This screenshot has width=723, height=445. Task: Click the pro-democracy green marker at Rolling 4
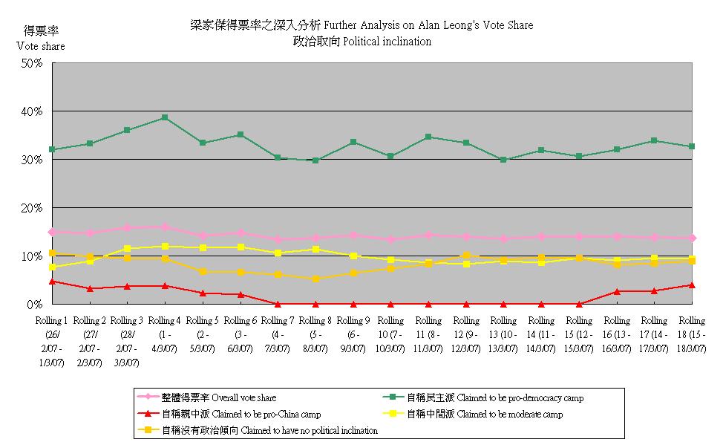[165, 117]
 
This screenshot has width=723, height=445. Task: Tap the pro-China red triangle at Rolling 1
[52, 282]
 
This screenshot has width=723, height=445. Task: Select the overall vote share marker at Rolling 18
[692, 238]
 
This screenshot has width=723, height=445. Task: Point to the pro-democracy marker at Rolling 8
[315, 160]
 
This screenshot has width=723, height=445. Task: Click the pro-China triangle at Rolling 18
[692, 285]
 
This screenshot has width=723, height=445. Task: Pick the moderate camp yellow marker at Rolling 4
[165, 246]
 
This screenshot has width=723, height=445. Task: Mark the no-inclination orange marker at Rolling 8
[315, 279]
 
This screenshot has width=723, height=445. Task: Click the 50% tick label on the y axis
[33, 63]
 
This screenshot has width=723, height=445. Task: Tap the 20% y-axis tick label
[33, 208]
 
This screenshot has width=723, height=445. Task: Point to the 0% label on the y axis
[36, 305]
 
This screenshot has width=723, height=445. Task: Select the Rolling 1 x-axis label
[52, 341]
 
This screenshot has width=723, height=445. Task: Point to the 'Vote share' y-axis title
[41, 46]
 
